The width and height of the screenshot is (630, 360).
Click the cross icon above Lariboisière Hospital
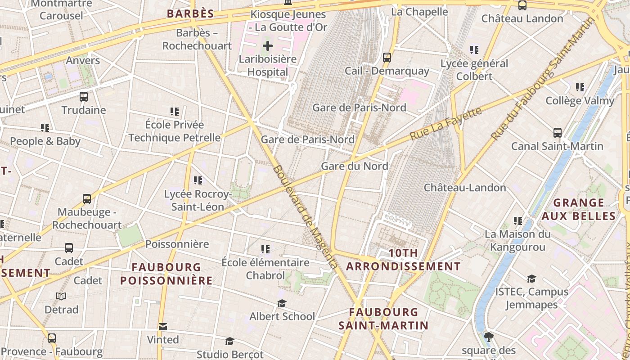(x=268, y=46)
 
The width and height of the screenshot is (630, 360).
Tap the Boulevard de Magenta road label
(x=305, y=217)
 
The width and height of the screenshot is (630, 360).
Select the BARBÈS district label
(x=190, y=14)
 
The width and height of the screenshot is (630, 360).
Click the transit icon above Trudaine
(x=84, y=96)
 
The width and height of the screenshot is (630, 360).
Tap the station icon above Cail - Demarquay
(x=387, y=58)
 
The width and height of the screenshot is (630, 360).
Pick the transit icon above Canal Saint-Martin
(x=558, y=133)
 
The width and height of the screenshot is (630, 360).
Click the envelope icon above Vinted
(x=163, y=326)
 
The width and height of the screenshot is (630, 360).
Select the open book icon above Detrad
(x=61, y=296)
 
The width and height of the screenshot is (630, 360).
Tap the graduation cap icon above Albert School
(x=282, y=303)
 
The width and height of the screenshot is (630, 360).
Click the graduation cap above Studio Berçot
(x=229, y=341)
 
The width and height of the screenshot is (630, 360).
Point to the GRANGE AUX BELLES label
(x=578, y=209)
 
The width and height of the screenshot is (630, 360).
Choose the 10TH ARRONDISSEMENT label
(x=403, y=260)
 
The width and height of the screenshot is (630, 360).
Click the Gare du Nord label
(x=354, y=166)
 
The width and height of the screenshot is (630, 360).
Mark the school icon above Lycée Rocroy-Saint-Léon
(x=198, y=180)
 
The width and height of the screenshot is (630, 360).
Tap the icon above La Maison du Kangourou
(x=518, y=221)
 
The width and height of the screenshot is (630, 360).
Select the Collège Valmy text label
(x=580, y=101)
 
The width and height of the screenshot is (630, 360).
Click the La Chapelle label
(x=419, y=12)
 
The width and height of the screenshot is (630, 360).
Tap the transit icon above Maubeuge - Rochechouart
(x=87, y=198)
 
